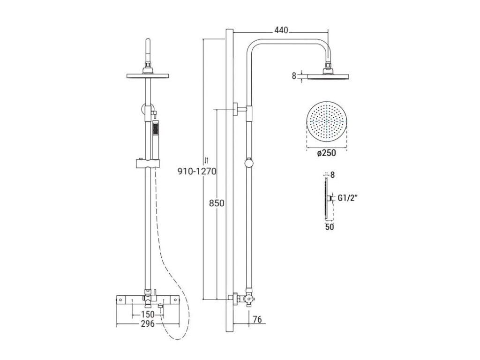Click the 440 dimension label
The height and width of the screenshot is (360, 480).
pos(281,30)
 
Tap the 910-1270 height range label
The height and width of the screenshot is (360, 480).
pos(197,171)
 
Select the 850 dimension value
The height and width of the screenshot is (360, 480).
pos(217,203)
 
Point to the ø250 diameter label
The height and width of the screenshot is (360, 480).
pos(326,152)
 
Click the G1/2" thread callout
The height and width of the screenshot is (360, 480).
pos(348,198)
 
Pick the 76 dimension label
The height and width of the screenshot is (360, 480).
pos(257,319)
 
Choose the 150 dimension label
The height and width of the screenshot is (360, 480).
pos(148,315)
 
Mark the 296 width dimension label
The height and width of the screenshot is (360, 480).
pos(148,324)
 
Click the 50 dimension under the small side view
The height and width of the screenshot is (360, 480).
pos(330,227)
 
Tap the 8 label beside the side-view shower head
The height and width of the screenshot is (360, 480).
pos(294,76)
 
